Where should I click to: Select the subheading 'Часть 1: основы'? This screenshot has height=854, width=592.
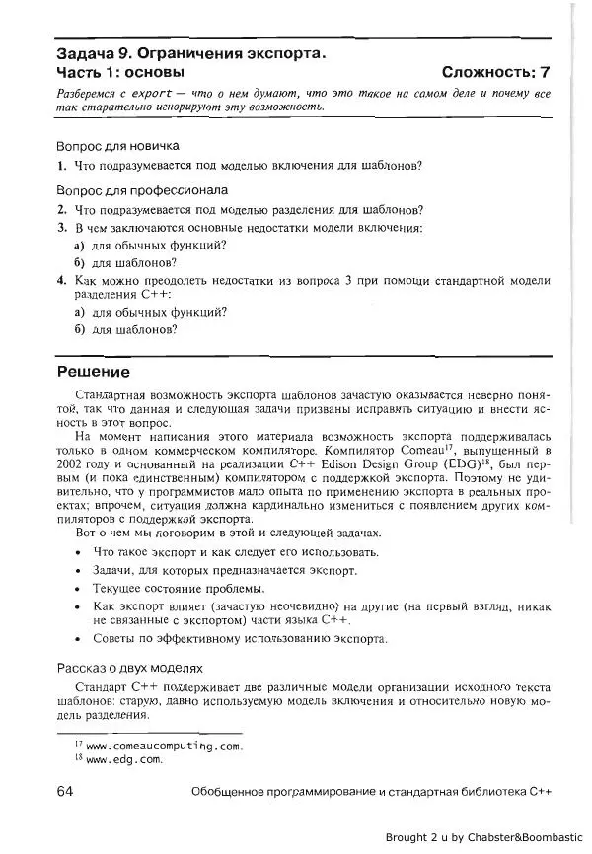tap(119, 72)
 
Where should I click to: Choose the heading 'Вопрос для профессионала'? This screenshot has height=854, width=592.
tap(142, 190)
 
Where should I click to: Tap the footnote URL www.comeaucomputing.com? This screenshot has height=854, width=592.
tap(164, 746)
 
